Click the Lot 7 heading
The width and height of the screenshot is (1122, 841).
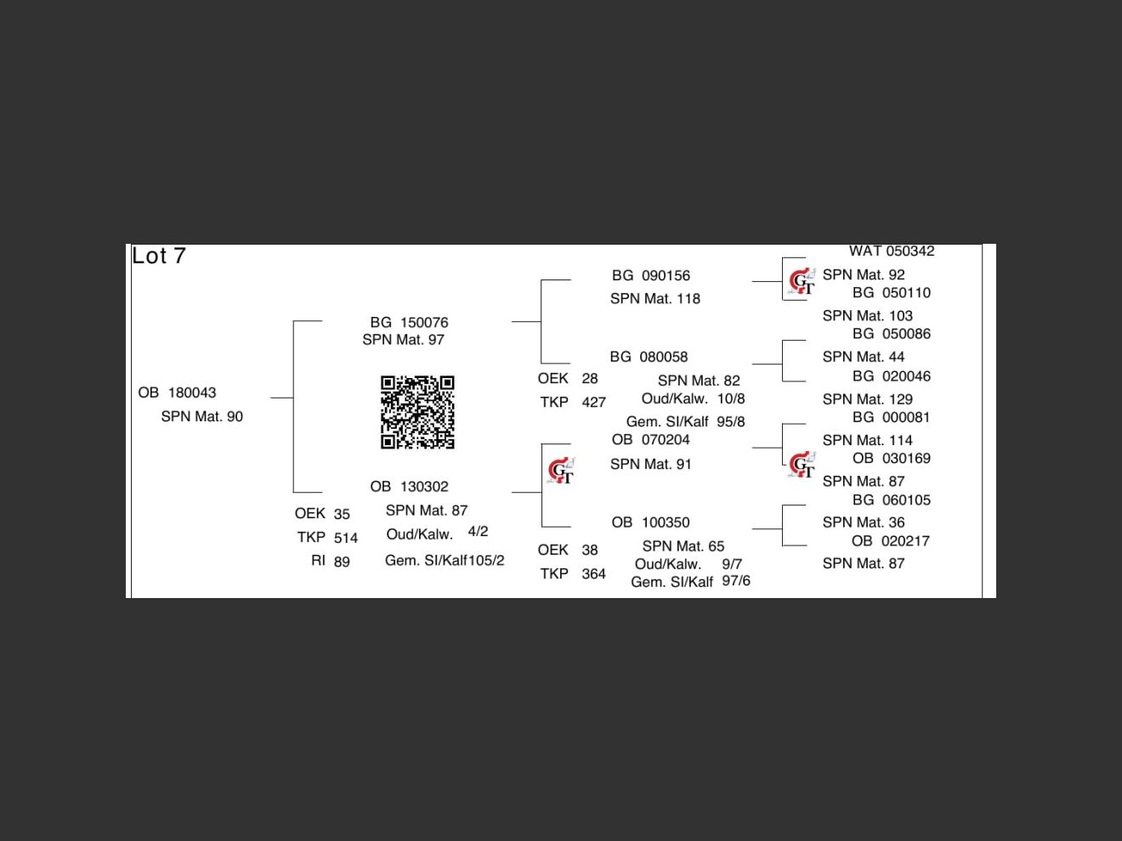[159, 256]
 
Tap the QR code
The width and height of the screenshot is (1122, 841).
[417, 412]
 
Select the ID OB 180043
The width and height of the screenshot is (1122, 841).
[177, 392]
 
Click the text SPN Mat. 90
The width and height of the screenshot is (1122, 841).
[201, 416]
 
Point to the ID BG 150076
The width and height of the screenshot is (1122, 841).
[409, 322]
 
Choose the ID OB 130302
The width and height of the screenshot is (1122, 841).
[409, 487]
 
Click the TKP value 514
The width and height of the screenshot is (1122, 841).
[346, 538]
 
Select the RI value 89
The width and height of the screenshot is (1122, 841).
[342, 562]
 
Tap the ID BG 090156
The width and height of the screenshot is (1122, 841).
[651, 275]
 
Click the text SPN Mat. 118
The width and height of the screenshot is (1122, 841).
[654, 298]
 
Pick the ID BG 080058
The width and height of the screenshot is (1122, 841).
[649, 357]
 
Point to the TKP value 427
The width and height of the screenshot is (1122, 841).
[593, 402]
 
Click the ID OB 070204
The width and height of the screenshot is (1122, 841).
[650, 439]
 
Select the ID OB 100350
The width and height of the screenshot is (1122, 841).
[650, 522]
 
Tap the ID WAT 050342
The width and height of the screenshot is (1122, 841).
[892, 251]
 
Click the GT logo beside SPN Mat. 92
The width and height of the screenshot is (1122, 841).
[802, 281]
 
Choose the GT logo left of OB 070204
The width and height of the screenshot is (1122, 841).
[561, 470]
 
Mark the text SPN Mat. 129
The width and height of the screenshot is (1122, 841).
[867, 398]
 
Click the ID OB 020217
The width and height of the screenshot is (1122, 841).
[890, 541]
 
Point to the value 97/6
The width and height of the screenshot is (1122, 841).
[736, 581]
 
